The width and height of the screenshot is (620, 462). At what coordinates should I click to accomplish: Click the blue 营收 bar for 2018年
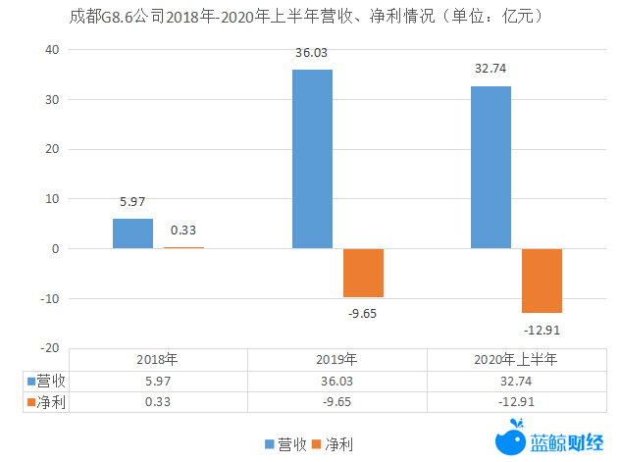coord(132,233)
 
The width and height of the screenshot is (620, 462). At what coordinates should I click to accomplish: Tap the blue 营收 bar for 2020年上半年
coord(491,168)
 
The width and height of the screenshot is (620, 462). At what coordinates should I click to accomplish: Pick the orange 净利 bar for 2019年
coord(363,273)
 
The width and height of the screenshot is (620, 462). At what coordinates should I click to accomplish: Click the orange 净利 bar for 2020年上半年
coord(542,281)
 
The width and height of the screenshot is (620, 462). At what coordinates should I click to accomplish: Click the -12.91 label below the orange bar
coord(542,329)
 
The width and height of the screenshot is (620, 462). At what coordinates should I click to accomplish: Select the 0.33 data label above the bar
coord(183,231)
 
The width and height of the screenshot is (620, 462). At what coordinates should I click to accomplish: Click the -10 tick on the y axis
coord(50,298)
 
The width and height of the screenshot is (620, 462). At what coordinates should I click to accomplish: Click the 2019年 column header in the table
coord(336,359)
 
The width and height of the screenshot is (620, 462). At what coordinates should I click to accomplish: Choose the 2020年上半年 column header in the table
coord(516,359)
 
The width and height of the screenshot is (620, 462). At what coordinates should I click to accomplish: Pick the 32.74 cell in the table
coord(516,381)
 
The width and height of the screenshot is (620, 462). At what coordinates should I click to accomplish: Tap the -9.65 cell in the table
coord(336,401)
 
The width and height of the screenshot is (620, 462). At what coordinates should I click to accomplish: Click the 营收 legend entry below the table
coord(285,444)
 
